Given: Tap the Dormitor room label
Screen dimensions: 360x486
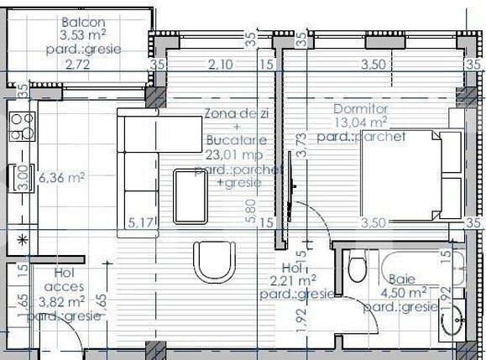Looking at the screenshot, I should click(362, 107).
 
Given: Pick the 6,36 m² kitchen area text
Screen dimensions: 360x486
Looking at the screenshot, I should click(63, 177).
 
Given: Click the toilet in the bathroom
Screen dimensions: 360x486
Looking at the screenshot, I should click(356, 269).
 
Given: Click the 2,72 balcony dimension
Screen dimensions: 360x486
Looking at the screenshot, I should click(76, 63).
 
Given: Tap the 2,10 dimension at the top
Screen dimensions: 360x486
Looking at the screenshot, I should click(220, 63).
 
